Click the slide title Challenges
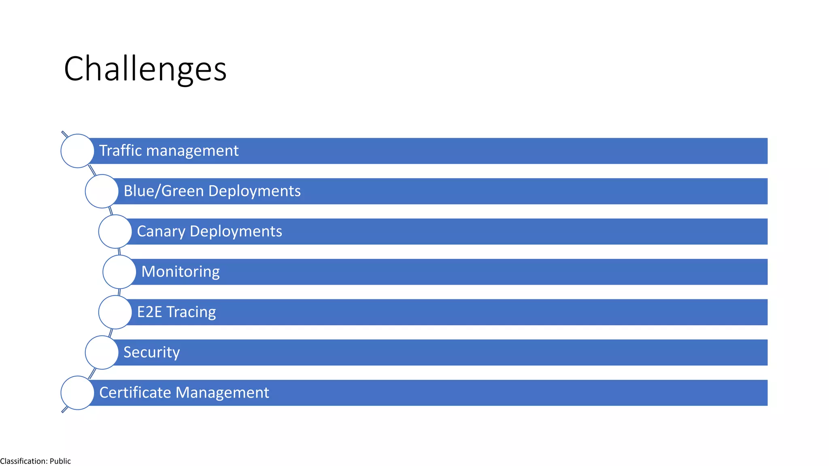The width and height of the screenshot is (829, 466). coord(145,69)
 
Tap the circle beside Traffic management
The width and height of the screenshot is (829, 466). coord(77,151)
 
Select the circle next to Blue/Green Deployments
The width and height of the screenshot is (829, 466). coord(102,191)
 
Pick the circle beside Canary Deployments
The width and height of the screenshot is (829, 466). coord(115,231)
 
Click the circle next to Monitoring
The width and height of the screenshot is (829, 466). coord(119,272)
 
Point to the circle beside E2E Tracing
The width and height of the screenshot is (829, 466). coord(115,312)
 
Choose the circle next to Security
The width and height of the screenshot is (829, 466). coord(102,352)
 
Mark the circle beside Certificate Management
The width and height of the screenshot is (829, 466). coord(77,393)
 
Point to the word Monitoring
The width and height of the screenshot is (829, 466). coord(181,272)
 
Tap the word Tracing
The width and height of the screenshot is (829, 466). coord(191,312)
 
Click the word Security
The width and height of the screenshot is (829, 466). coord(151,352)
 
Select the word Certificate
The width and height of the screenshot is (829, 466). coord(135,392)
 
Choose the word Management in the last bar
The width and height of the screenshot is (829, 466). coord(222,392)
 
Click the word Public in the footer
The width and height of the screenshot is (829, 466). coord(60,461)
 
